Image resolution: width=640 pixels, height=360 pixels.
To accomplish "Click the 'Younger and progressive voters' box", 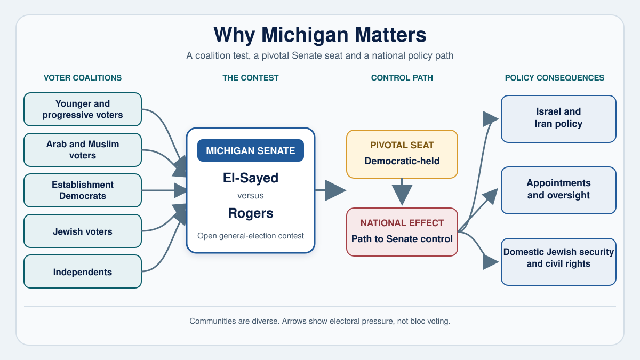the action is point(83,109).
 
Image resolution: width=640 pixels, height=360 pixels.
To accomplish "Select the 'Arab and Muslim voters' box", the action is point(83,150).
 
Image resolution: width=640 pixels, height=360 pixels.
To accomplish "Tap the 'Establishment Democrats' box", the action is point(83,190).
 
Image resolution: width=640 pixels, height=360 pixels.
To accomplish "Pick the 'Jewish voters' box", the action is point(83,231).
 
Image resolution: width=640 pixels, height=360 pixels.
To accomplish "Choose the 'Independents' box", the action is point(83,271).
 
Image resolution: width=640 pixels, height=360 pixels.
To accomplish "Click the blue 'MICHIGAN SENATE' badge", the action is point(251,150).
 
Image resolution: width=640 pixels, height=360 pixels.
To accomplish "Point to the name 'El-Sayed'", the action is point(251,178).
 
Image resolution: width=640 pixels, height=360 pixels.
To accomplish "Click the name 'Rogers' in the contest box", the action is point(251,213).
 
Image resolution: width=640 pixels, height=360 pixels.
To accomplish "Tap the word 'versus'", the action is point(251,195).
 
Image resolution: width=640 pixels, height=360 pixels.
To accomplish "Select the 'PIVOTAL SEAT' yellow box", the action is point(402,154).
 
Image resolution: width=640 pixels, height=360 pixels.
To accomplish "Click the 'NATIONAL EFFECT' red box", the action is point(402,232).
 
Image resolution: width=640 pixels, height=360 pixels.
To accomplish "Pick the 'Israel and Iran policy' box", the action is point(558,119).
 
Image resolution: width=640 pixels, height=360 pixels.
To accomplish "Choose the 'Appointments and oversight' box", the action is point(558,190).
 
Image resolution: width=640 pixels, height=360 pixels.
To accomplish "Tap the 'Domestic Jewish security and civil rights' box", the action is point(558,262).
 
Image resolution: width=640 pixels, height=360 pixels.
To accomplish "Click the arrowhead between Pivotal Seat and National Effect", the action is point(402,194).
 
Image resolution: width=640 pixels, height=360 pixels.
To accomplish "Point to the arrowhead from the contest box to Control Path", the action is point(335,190).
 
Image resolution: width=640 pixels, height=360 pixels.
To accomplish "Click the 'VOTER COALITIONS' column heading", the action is point(83,78).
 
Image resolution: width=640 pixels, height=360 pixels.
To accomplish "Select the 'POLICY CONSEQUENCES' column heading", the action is point(555,78).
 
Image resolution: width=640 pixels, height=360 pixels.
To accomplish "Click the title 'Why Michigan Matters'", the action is point(320,35).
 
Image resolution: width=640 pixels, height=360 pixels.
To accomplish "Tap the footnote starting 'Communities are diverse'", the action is point(320,321).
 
